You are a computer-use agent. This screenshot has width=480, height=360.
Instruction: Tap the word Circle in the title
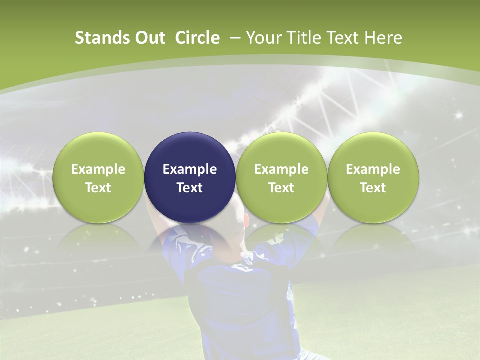[197, 38]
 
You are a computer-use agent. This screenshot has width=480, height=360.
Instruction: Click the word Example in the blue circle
[190, 169]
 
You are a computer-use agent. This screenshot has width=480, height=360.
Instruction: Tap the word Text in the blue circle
[190, 188]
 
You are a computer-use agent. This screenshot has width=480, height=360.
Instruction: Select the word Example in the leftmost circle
[98, 169]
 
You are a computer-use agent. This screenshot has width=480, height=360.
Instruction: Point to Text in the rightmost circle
[373, 188]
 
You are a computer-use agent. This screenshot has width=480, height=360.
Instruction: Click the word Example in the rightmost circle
[373, 169]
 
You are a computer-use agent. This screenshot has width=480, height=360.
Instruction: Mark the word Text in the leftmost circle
[98, 188]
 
